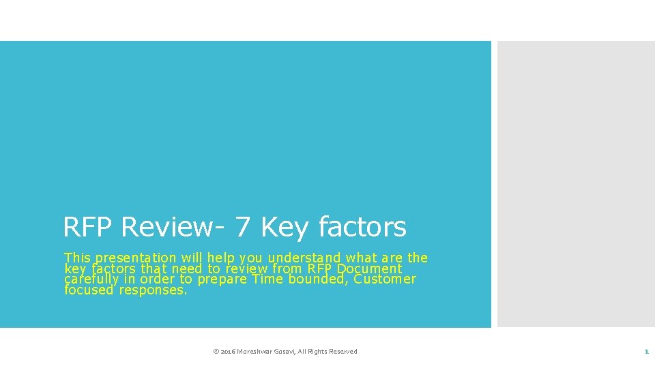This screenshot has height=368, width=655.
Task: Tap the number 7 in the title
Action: [x=242, y=227]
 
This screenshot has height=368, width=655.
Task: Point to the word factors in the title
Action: [x=362, y=227]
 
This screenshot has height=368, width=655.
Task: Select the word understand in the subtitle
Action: [x=305, y=258]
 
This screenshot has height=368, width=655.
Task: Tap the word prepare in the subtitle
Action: [x=222, y=280]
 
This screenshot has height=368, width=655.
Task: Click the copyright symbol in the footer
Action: [x=216, y=352]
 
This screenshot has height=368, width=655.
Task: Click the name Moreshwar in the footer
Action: [x=255, y=352]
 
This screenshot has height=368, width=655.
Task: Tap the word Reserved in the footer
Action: [x=343, y=352]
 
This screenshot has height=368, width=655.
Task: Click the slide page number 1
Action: [x=645, y=352]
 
